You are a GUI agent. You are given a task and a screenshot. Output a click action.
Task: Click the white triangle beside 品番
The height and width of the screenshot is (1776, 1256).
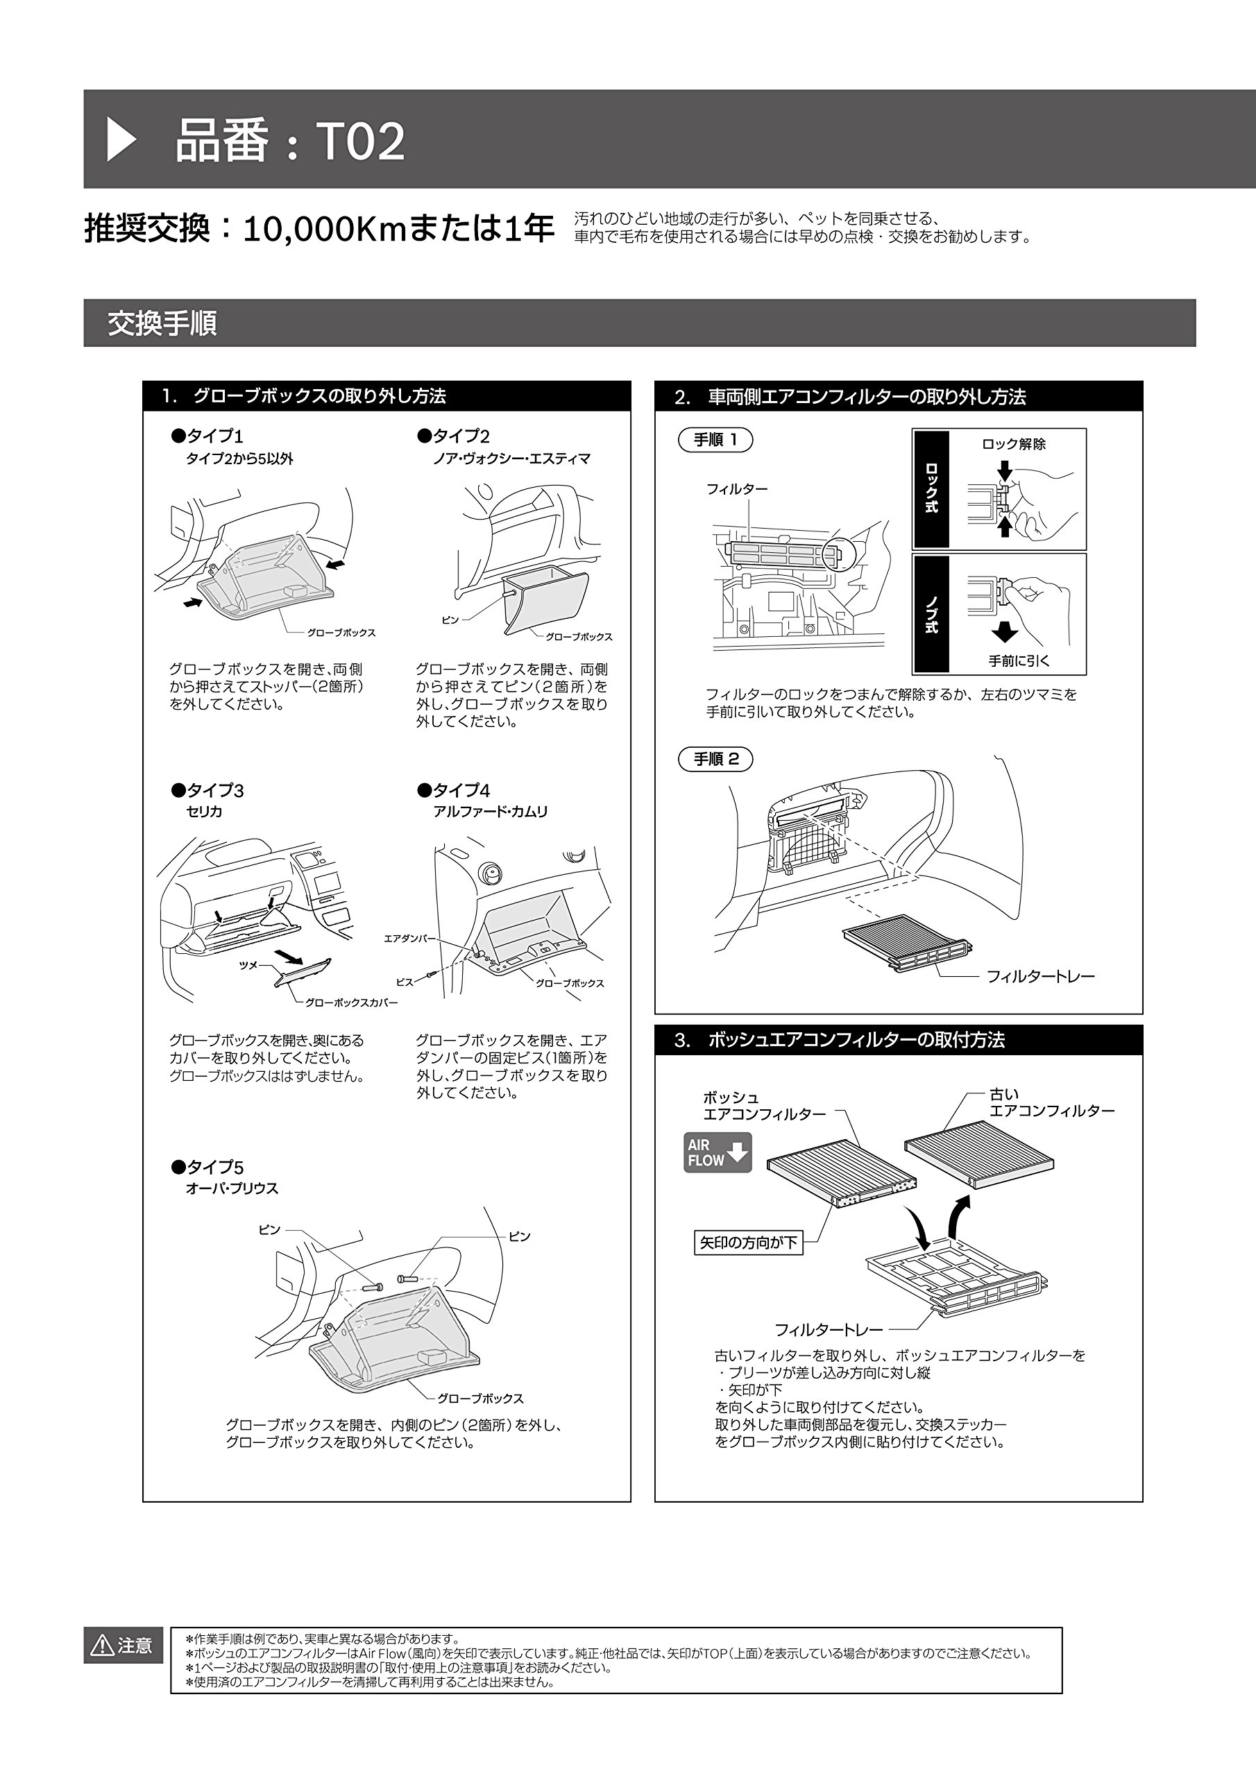[121, 140]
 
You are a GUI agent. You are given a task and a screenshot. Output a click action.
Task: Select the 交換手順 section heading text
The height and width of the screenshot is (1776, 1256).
[162, 323]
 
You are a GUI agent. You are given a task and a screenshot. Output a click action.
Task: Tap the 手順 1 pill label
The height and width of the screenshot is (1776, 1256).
[715, 440]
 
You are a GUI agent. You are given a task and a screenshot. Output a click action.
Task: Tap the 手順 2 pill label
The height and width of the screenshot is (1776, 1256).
[715, 759]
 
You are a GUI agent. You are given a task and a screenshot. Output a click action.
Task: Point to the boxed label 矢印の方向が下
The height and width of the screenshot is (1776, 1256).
[747, 1243]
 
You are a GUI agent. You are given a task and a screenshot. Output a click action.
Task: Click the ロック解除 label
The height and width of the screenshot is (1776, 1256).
[1014, 444]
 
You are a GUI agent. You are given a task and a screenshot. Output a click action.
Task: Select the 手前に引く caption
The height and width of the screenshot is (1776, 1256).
[1019, 661]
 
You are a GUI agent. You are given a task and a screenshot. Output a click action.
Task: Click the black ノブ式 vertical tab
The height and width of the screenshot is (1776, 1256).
[931, 613]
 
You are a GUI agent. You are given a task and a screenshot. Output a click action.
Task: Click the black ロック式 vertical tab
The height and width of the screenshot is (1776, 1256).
[931, 489]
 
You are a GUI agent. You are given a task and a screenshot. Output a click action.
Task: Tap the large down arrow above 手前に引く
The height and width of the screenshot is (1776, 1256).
[1005, 632]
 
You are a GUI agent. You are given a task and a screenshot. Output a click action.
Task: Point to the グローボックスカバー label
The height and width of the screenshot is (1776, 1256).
[351, 1002]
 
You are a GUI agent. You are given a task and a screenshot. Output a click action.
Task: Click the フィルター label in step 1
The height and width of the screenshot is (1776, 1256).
[737, 489]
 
